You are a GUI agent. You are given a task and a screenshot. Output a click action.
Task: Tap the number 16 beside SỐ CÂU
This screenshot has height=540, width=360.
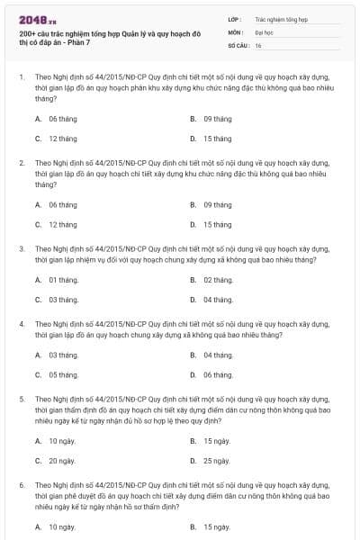pyautogui.click(x=258, y=45)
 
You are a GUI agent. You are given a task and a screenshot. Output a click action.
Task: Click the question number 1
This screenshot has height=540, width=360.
pyautogui.click(x=20, y=77)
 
